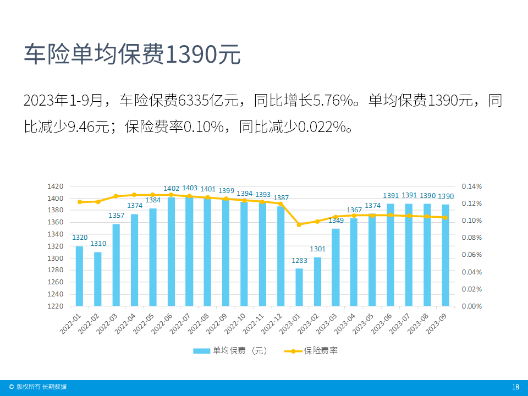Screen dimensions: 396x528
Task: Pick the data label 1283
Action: point(299,260)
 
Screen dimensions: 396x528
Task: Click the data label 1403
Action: point(190,188)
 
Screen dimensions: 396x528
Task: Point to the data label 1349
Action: point(336,221)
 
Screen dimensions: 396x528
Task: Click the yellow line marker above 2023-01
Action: point(299,224)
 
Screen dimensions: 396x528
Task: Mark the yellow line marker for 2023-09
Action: point(446,217)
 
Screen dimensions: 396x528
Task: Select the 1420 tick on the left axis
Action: point(56,186)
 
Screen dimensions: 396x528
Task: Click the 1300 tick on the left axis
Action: point(56,258)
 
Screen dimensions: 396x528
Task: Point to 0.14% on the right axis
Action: point(471,186)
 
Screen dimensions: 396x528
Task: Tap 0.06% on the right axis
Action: point(471,255)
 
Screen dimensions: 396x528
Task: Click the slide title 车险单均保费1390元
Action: point(132,54)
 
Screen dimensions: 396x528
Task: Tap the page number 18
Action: point(515,387)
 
